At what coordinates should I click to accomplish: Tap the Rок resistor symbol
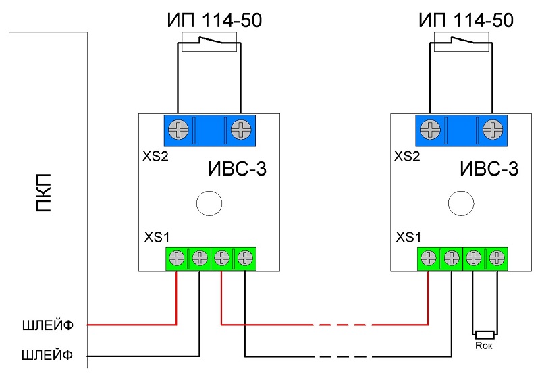[x=485, y=334]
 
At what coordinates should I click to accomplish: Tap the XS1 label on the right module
[x=409, y=237]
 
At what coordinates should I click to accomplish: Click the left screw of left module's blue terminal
[x=178, y=129]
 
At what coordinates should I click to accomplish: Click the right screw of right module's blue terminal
[x=493, y=129]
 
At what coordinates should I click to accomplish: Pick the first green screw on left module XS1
[x=178, y=257]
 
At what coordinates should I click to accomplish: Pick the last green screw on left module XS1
[x=245, y=257]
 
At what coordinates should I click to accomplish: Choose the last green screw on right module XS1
[x=497, y=257]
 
